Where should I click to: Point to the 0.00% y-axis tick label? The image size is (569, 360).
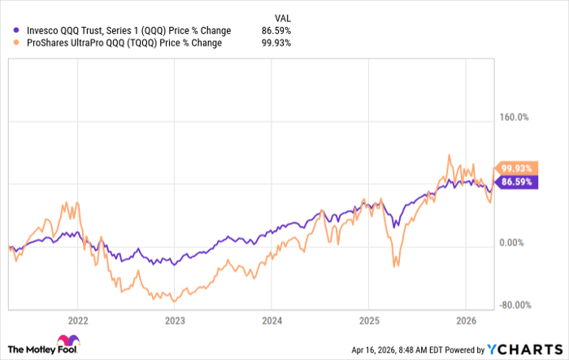(515, 243)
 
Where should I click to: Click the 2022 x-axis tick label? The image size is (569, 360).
(79, 319)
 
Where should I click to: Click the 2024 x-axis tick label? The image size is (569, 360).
(272, 319)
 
